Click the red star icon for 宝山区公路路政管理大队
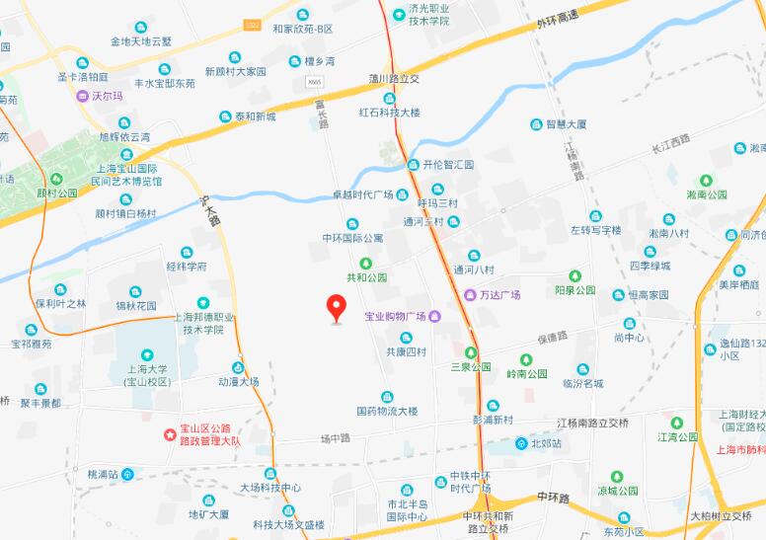click(171, 432)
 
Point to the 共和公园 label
click(366, 278)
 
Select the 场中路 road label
click(336, 437)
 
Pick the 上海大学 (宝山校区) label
click(145, 373)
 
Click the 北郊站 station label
click(545, 444)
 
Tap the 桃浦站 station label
click(103, 474)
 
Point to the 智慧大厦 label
click(567, 124)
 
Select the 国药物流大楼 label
click(387, 410)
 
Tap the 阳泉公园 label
click(574, 290)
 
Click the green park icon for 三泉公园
click(470, 351)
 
